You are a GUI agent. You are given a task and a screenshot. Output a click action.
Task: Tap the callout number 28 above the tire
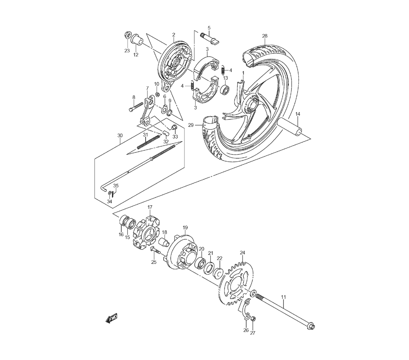265,36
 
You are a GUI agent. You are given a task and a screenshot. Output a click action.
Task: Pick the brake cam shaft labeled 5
210,38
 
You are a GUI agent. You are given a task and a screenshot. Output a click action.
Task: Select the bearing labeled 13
225,89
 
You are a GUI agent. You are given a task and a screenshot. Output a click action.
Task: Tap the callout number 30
120,136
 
